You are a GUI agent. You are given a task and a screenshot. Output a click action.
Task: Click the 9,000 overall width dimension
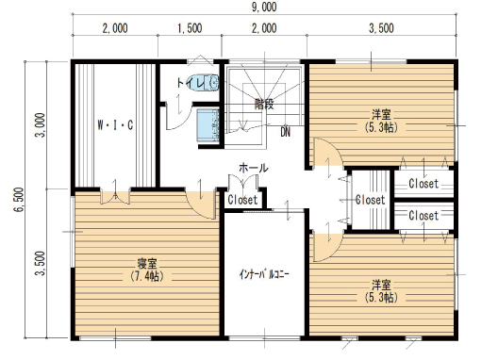coord(264,7)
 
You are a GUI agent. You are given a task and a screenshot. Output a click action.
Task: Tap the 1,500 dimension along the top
coord(190,28)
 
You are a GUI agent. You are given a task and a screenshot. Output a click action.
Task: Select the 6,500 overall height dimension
coord(19,200)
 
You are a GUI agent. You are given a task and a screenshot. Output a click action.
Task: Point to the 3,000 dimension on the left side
coord(41,124)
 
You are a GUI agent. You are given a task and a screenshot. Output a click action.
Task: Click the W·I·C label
coord(115,125)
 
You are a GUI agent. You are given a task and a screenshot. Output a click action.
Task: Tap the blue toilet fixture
coord(203,83)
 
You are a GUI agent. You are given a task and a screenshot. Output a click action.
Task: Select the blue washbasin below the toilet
coord(208,125)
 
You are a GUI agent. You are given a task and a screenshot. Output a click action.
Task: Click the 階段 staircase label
coord(264,104)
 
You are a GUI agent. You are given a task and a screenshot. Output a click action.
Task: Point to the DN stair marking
coord(285,132)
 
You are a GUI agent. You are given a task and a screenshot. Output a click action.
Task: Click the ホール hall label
coord(253,168)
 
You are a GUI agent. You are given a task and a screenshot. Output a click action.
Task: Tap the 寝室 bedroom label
coord(147,264)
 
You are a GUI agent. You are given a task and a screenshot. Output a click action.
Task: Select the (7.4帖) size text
coord(147,276)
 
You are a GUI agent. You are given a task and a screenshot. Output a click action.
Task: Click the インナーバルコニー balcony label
coord(264,274)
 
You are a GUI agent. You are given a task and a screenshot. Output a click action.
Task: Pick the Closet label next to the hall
coord(242,200)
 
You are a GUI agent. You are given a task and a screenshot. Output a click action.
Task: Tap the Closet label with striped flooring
coord(371,200)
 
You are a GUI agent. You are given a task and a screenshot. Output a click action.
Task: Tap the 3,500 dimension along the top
coord(381,28)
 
